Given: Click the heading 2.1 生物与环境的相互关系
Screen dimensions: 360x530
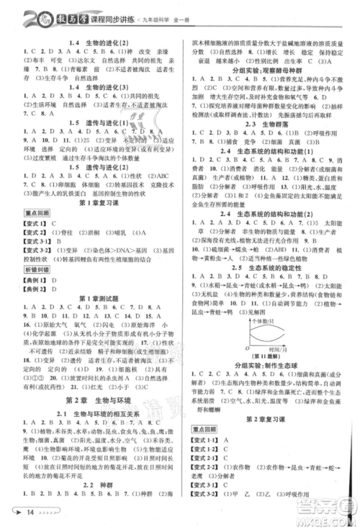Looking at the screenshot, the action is tap(94, 413).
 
